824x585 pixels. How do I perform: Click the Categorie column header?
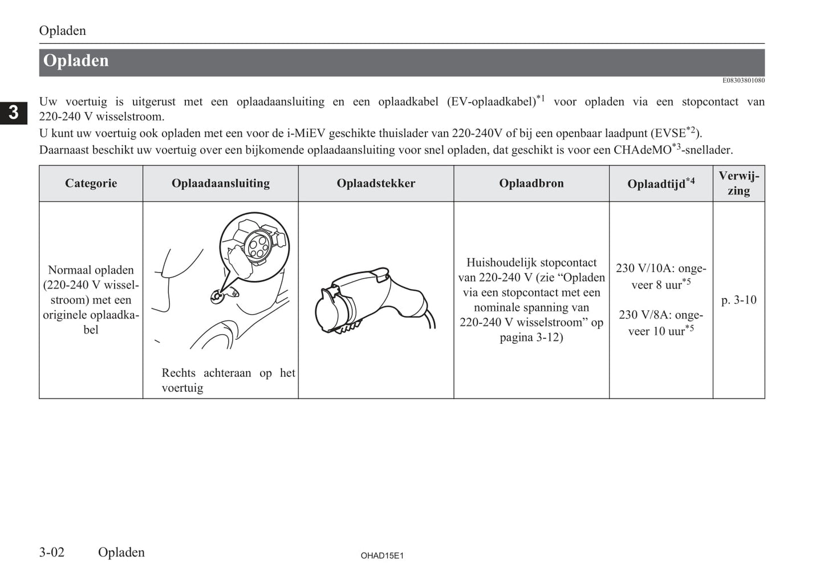pyautogui.click(x=91, y=184)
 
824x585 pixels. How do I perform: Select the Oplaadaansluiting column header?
pyautogui.click(x=220, y=184)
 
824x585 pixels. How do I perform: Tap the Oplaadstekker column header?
pyautogui.click(x=376, y=184)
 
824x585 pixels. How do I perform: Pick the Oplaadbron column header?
pyautogui.click(x=531, y=184)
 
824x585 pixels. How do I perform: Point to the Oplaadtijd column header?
pyautogui.click(x=660, y=184)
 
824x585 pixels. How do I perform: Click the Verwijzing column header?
pyautogui.click(x=738, y=184)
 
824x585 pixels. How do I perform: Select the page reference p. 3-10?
pyautogui.click(x=738, y=300)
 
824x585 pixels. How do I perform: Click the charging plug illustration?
pyautogui.click(x=374, y=302)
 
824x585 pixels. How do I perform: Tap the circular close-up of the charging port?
pyautogui.click(x=254, y=246)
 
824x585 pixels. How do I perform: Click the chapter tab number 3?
pyautogui.click(x=14, y=112)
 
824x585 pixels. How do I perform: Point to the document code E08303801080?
pyautogui.click(x=743, y=80)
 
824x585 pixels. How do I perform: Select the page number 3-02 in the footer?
pyautogui.click(x=52, y=552)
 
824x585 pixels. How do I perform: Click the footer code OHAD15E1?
pyautogui.click(x=382, y=555)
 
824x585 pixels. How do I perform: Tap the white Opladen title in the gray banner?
pyautogui.click(x=76, y=61)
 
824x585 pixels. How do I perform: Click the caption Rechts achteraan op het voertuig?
pyautogui.click(x=228, y=380)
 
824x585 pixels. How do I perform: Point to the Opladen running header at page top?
pyautogui.click(x=63, y=31)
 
